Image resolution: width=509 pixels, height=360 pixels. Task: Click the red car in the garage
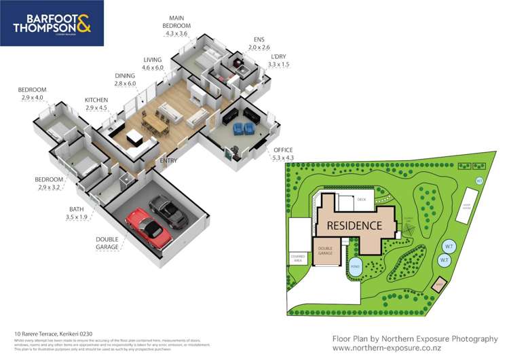147,227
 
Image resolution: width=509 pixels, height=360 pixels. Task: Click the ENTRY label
168,161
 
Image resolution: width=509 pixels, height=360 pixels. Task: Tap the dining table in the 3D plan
157,122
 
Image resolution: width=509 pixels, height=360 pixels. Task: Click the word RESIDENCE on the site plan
354,224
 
